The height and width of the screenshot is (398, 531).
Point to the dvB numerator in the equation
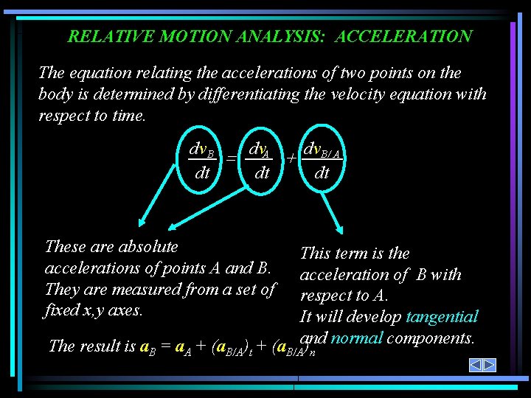click(x=201, y=152)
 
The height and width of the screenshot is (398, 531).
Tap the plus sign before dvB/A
click(x=292, y=159)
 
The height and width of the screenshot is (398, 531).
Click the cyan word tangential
click(x=442, y=317)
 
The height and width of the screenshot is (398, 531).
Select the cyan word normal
click(x=357, y=338)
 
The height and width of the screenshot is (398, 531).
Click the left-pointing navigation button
click(x=476, y=365)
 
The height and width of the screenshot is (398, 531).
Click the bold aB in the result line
click(x=145, y=346)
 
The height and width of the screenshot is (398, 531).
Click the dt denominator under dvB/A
click(x=322, y=174)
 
